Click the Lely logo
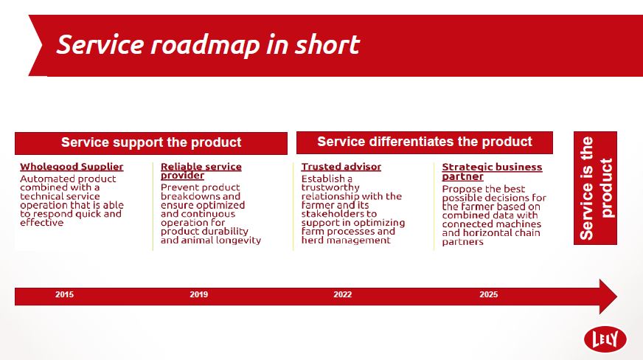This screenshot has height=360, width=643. (605, 339)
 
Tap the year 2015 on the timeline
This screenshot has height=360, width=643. (64, 294)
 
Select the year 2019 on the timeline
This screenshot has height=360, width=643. (199, 294)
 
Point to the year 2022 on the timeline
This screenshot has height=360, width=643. (342, 294)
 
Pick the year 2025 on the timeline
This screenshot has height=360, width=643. (488, 294)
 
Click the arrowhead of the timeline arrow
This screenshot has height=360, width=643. (608, 297)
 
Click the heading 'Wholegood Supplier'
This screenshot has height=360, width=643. (72, 167)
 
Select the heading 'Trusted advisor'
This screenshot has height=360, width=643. (341, 167)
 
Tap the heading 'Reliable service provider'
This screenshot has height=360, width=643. (201, 171)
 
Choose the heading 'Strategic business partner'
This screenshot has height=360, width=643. (492, 172)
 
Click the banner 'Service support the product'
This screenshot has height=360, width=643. (151, 142)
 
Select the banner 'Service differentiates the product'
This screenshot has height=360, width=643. (425, 142)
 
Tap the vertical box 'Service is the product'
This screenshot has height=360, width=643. (595, 188)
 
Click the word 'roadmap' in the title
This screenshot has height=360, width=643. (205, 45)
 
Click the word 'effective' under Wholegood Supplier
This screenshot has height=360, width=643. (42, 223)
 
